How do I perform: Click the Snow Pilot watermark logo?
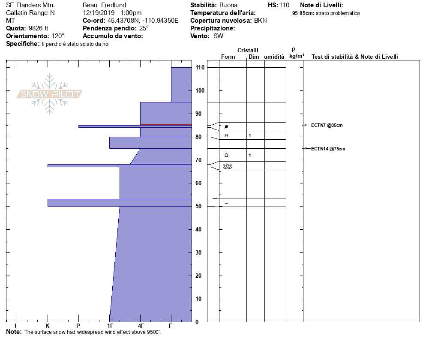(x=50, y=94)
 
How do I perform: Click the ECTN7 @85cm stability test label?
(x=327, y=125)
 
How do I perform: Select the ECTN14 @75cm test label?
(x=328, y=149)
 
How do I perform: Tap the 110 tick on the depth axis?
(x=199, y=68)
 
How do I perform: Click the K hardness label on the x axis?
(x=48, y=326)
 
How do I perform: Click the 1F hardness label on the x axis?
(x=110, y=326)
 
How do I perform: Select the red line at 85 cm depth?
(x=166, y=125)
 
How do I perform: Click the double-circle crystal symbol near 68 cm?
(x=228, y=166)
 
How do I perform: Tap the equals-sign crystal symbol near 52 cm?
(x=226, y=202)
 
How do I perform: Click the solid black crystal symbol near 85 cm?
(x=226, y=126)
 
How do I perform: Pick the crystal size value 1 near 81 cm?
(x=250, y=135)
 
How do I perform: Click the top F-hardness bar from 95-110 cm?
(x=181, y=85)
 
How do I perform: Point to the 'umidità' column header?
(x=274, y=57)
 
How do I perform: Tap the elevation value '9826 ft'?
(x=38, y=28)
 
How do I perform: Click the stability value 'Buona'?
(x=228, y=5)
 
